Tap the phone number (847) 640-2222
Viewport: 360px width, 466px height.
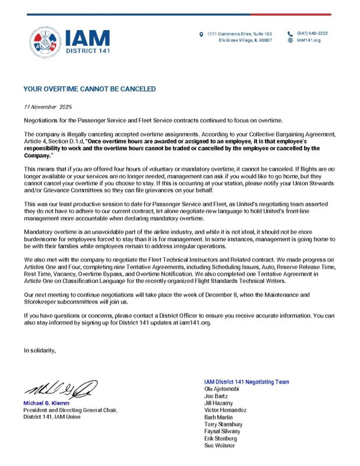312,33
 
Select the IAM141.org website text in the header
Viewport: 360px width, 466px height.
308,40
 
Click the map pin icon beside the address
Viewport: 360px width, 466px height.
202,34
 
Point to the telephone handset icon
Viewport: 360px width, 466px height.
290,33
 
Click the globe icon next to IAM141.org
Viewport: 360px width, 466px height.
290,40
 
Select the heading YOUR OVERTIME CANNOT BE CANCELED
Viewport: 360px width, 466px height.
89,89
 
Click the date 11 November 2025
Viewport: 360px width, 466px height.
47,107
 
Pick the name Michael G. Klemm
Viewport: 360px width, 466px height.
46,403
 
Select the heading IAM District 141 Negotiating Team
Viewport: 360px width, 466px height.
246,382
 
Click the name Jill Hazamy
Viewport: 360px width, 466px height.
219,403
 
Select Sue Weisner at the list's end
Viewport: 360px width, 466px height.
220,446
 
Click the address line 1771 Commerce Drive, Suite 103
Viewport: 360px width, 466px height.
239,34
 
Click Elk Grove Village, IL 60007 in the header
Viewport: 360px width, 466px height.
245,40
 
